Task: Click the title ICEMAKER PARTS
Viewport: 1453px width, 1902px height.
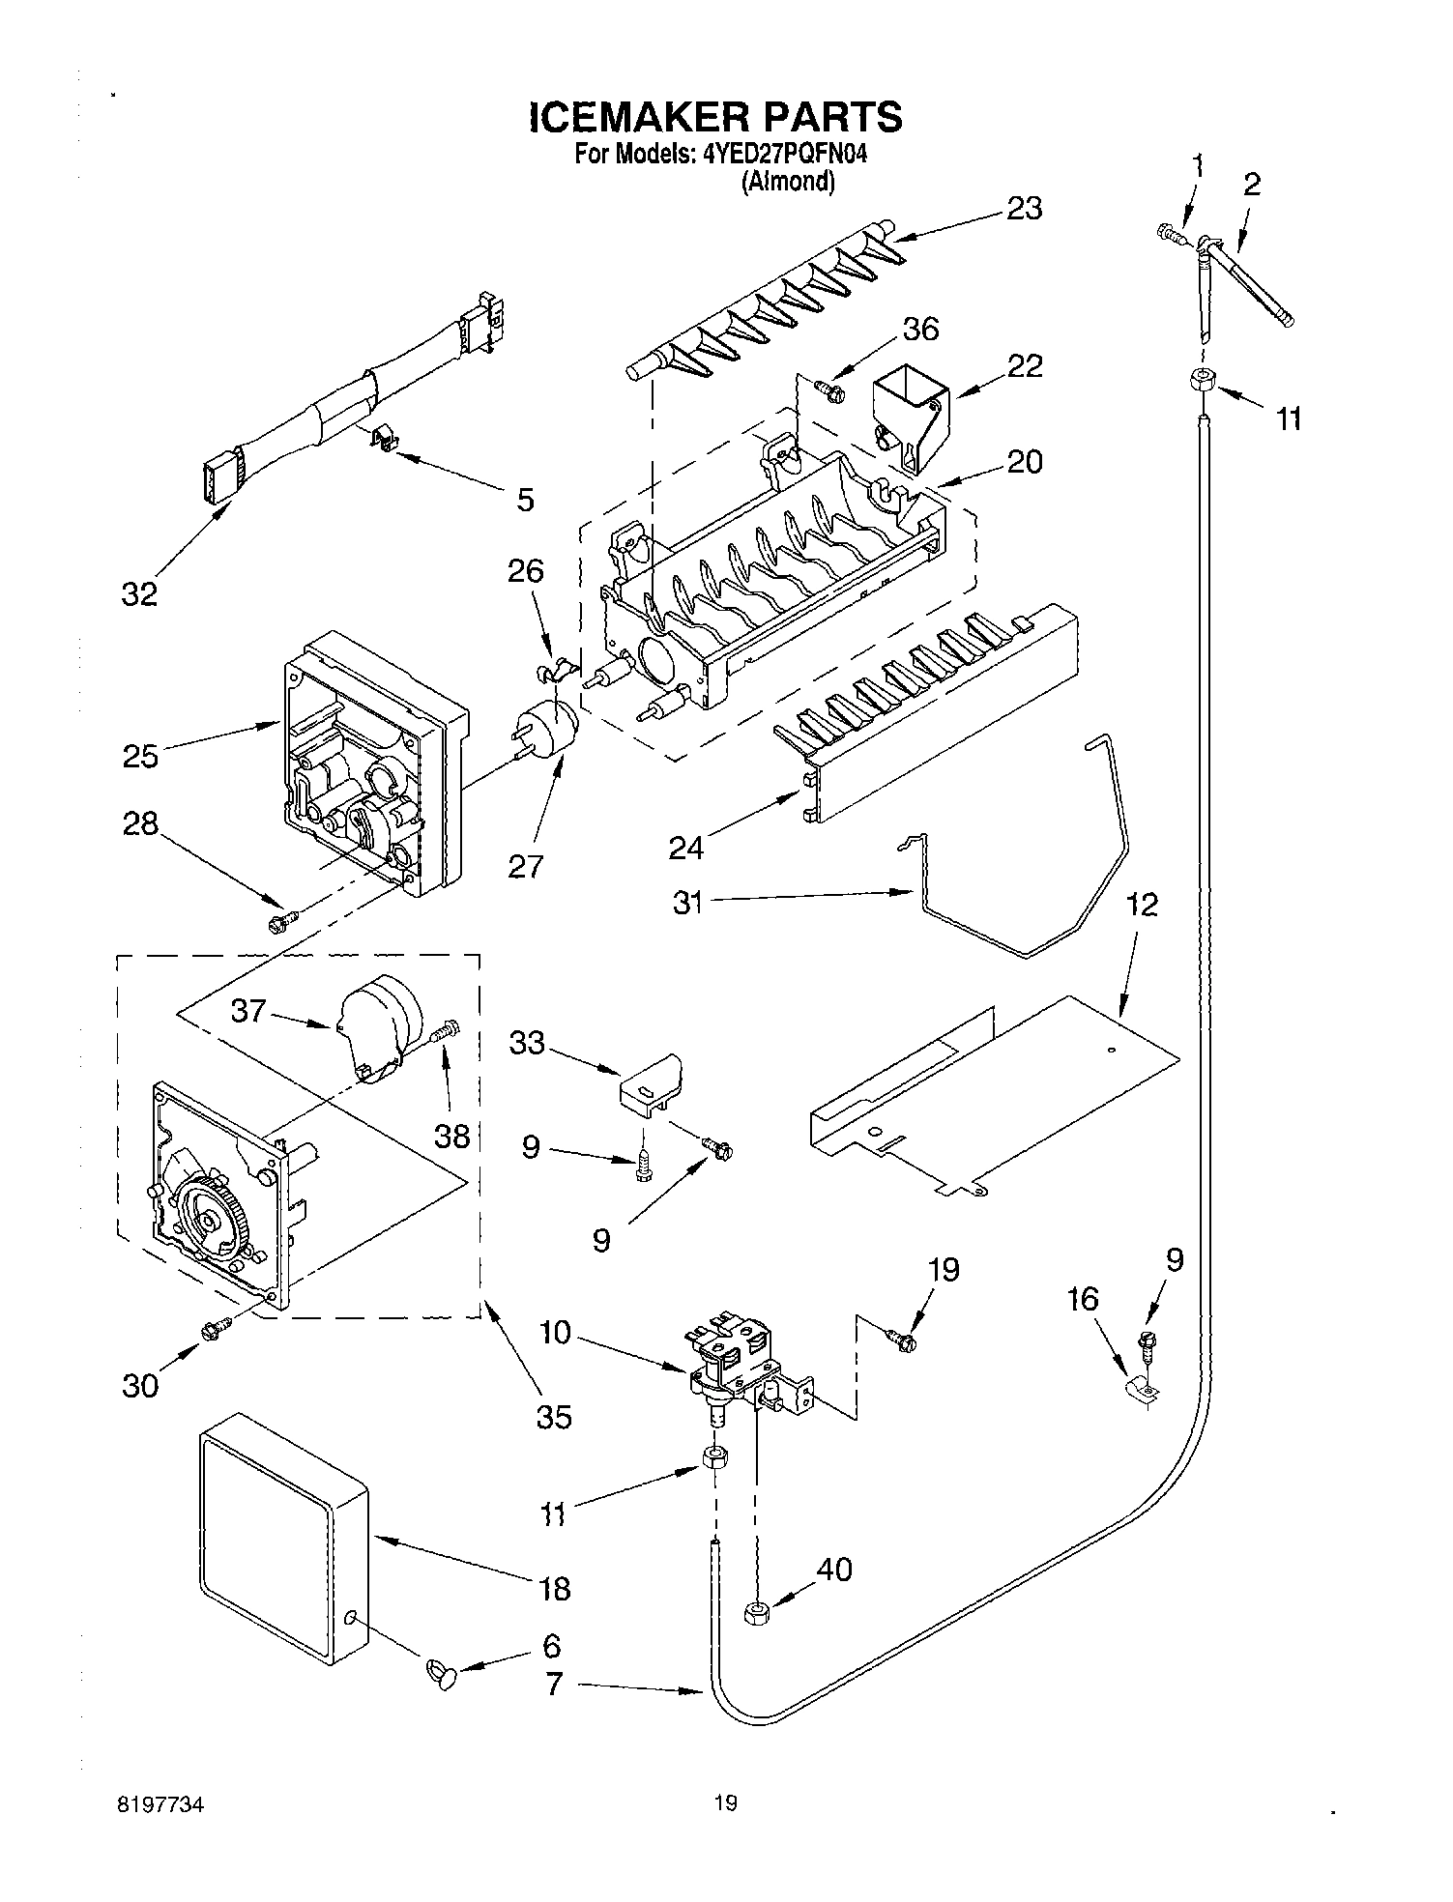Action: (715, 117)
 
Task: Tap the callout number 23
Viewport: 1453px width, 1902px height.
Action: (1024, 208)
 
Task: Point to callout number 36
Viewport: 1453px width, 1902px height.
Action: (919, 329)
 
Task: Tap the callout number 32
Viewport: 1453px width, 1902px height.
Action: (139, 593)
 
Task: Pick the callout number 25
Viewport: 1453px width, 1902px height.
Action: (140, 755)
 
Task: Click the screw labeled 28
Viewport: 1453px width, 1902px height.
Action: (279, 923)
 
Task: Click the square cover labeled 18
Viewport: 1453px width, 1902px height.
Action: (280, 1544)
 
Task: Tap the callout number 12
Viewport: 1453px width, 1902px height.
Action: (1141, 905)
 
